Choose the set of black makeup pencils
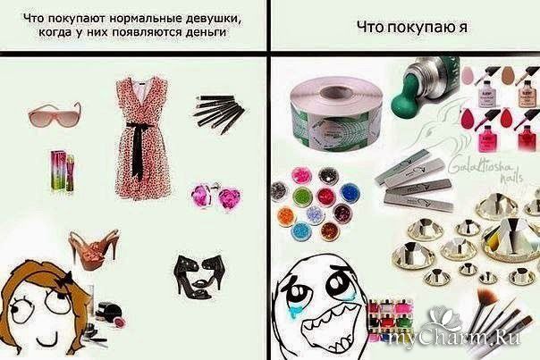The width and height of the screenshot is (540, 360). (217, 114)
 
